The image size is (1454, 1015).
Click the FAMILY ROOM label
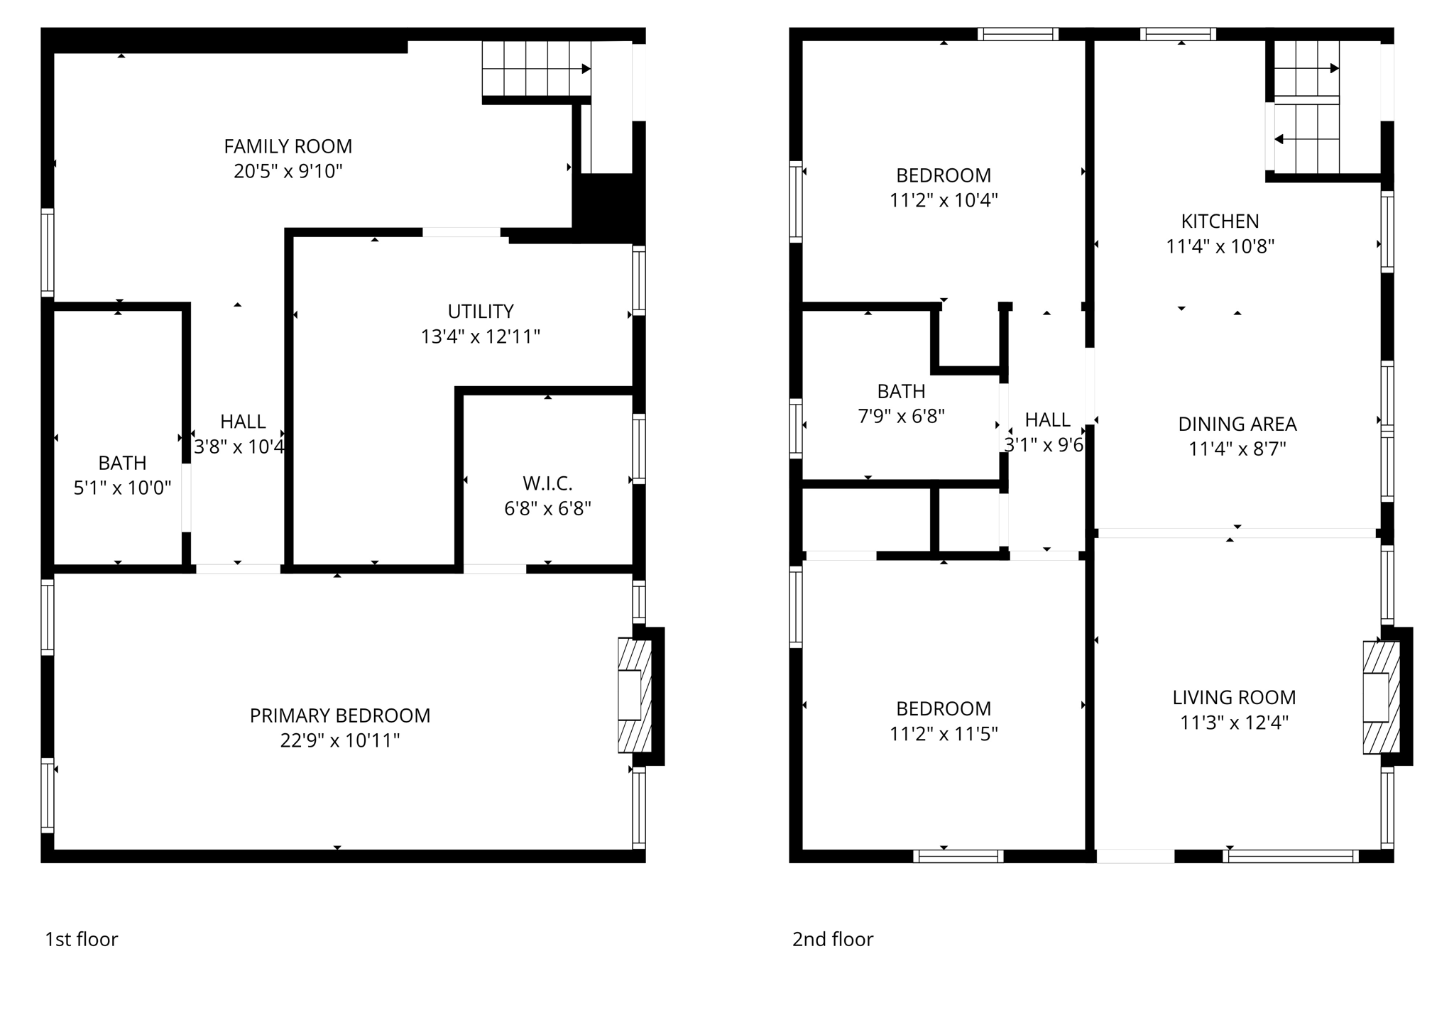point(288,146)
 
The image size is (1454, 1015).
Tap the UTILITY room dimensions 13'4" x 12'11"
point(481,336)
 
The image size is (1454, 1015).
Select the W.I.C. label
point(547,483)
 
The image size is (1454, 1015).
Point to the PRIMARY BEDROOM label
point(339,715)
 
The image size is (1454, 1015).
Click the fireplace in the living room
point(1380,697)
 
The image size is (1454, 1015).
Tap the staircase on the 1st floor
point(536,69)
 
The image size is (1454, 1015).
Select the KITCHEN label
point(1220,221)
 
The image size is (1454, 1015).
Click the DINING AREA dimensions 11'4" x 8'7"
point(1237,449)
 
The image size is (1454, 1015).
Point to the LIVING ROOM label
point(1234,698)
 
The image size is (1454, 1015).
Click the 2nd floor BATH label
point(901,391)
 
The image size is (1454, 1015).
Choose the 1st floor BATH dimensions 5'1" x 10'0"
point(122,488)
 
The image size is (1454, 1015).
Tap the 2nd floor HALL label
point(1047,420)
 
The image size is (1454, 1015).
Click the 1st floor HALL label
point(243,422)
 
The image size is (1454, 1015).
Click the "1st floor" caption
point(81,939)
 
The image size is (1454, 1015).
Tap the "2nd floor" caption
point(832,939)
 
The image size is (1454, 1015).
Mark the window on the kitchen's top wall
point(1178,34)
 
